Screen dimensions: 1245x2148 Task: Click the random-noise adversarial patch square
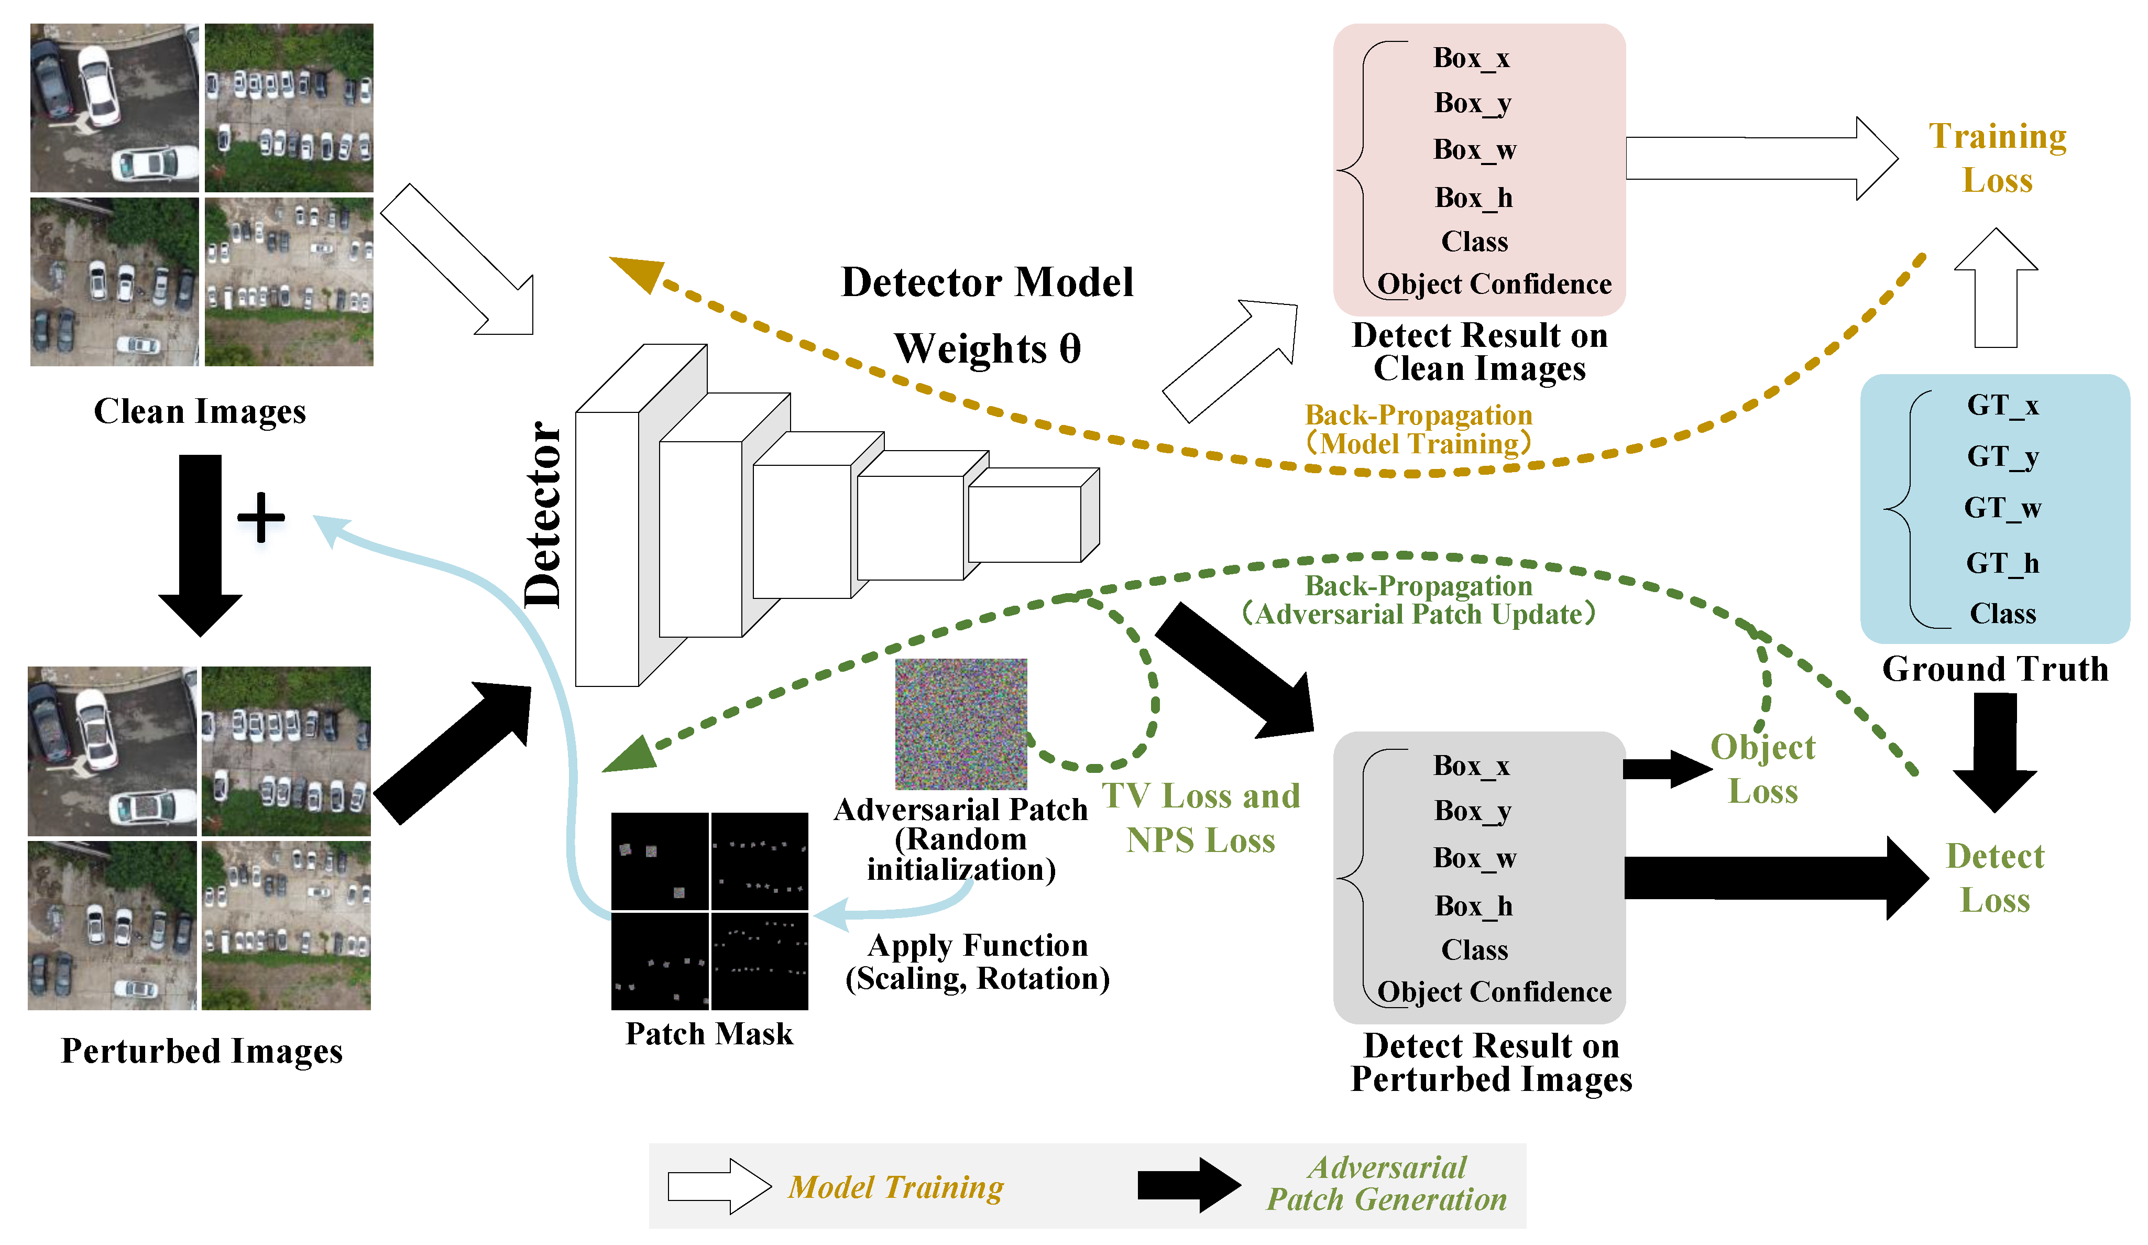click(x=961, y=723)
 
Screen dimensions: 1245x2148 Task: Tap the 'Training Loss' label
click(x=1997, y=159)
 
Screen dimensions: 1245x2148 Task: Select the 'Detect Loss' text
click(x=1994, y=878)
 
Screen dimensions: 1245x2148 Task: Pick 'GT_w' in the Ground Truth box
click(x=2002, y=508)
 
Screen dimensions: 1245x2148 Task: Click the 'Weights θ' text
click(x=987, y=349)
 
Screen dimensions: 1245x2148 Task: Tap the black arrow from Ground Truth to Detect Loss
click(x=1994, y=750)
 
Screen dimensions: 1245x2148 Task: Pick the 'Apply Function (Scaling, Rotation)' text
click(x=978, y=962)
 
